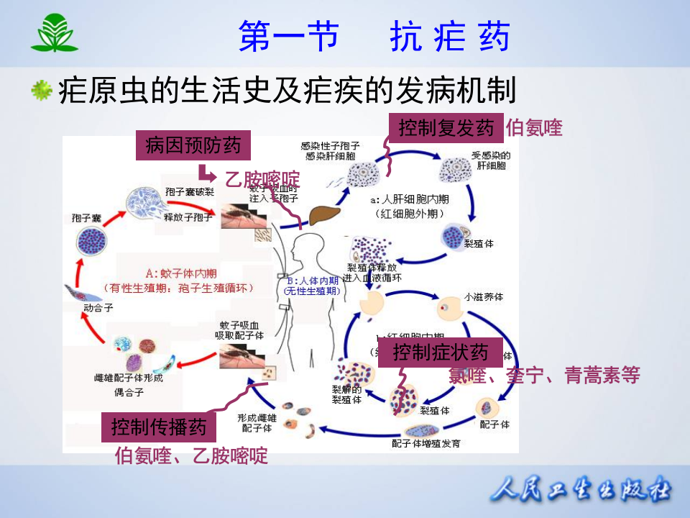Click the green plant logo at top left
click(x=54, y=34)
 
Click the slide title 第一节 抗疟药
click(x=374, y=36)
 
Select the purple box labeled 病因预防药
click(x=193, y=146)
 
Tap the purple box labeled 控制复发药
click(x=446, y=128)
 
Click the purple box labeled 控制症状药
click(x=440, y=352)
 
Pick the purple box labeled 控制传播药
click(x=158, y=427)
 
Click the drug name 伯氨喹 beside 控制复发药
click(x=533, y=128)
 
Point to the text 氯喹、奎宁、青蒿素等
click(x=543, y=374)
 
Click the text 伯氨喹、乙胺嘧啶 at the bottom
click(x=191, y=455)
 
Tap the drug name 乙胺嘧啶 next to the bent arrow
click(x=262, y=179)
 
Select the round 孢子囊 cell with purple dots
click(x=91, y=242)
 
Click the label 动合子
click(x=98, y=307)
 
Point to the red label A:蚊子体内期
click(x=180, y=273)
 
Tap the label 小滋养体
click(x=483, y=295)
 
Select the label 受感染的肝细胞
click(x=490, y=160)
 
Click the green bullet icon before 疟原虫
click(x=42, y=91)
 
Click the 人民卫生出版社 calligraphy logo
click(x=581, y=491)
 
